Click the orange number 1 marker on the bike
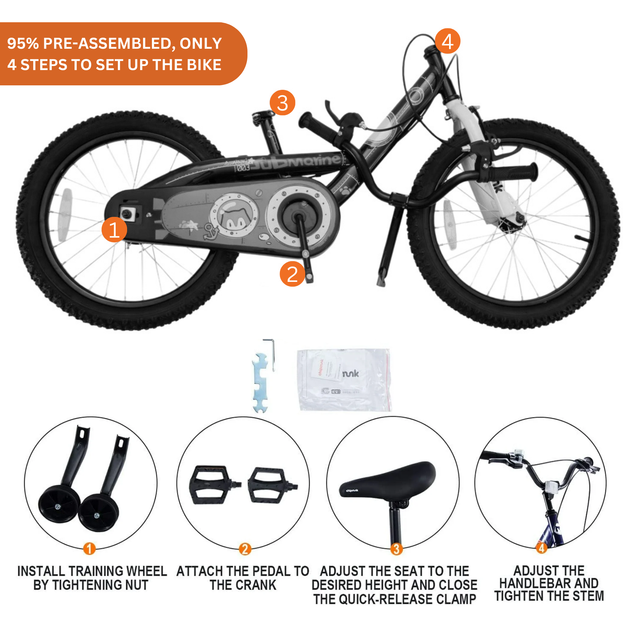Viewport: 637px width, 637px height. [114, 229]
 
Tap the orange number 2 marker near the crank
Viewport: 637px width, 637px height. [292, 274]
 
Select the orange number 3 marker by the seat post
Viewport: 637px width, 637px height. [282, 103]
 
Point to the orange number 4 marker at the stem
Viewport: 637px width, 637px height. [447, 41]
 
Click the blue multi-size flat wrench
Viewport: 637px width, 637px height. [260, 383]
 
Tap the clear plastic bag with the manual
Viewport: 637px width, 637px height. [344, 380]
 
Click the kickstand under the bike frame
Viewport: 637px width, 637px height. [391, 244]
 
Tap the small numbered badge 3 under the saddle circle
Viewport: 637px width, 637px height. [396, 549]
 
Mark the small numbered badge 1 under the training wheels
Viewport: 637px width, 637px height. [89, 549]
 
